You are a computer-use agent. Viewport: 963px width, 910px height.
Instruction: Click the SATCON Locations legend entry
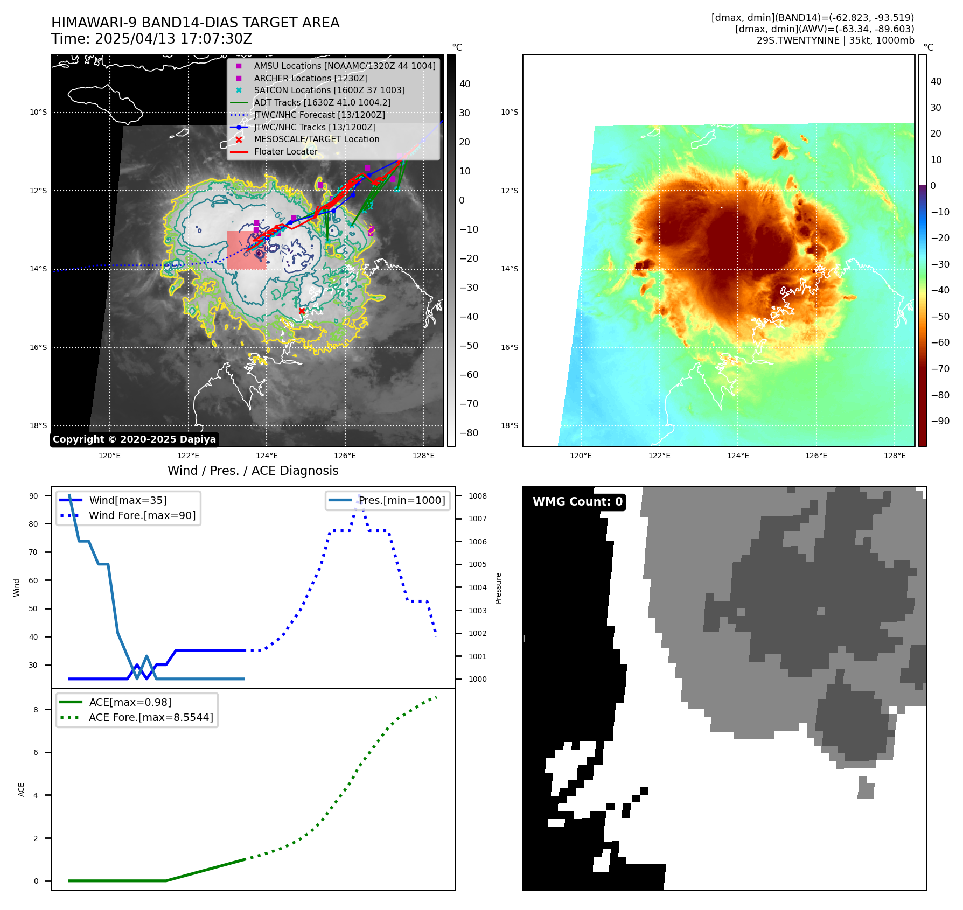click(329, 90)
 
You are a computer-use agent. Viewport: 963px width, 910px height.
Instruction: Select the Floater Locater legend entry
click(285, 152)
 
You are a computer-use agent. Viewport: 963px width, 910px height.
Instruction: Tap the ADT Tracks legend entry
click(322, 103)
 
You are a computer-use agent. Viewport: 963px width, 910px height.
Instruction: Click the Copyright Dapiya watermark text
click(134, 439)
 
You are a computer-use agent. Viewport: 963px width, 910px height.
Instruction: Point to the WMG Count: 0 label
click(577, 502)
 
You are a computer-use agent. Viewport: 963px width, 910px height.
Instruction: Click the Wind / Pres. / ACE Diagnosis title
click(253, 471)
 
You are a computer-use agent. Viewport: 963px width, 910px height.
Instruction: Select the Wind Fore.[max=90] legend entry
click(142, 516)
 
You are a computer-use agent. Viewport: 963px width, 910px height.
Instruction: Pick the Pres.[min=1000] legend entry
click(402, 501)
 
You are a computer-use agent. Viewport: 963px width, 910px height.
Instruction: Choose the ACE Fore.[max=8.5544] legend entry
click(151, 718)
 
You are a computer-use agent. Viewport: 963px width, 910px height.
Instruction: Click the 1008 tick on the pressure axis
click(477, 496)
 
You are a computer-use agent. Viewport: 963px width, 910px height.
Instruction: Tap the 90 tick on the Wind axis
click(33, 496)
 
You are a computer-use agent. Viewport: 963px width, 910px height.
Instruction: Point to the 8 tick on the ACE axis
click(36, 710)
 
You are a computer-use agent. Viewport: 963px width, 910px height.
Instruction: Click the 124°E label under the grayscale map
click(267, 456)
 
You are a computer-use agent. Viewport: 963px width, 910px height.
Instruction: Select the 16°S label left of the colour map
click(509, 348)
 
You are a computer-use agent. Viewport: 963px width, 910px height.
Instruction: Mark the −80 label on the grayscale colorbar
click(469, 433)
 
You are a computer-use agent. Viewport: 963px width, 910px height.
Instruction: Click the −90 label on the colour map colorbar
click(940, 421)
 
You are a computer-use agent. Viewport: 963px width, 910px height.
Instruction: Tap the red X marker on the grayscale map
click(302, 311)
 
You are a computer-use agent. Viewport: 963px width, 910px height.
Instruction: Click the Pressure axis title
click(498, 588)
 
